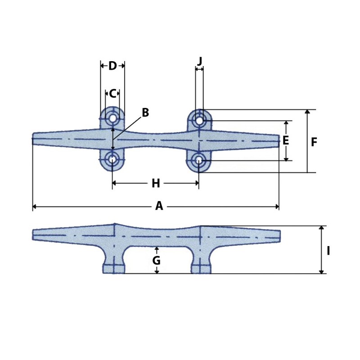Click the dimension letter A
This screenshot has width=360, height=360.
point(159,206)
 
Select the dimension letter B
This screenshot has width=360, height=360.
point(145,113)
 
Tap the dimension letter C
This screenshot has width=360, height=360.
point(112,94)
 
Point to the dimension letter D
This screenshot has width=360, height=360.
point(112,66)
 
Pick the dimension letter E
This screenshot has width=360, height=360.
point(285,141)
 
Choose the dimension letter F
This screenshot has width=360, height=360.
point(314,143)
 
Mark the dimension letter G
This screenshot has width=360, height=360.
point(156,261)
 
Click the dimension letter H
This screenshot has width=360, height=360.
point(156,183)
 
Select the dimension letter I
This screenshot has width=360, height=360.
point(328,251)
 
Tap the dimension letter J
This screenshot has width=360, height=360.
point(199,61)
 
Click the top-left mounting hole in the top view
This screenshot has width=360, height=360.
point(112,119)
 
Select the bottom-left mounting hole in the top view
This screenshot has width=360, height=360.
point(112,159)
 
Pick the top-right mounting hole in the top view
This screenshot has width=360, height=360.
point(199,121)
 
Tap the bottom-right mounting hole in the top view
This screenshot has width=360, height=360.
point(198,160)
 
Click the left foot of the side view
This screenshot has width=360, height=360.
point(114,269)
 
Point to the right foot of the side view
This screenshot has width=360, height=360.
point(201,269)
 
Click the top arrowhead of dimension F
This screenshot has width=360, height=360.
point(307,112)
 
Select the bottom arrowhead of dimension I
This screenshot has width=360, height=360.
point(321,271)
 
